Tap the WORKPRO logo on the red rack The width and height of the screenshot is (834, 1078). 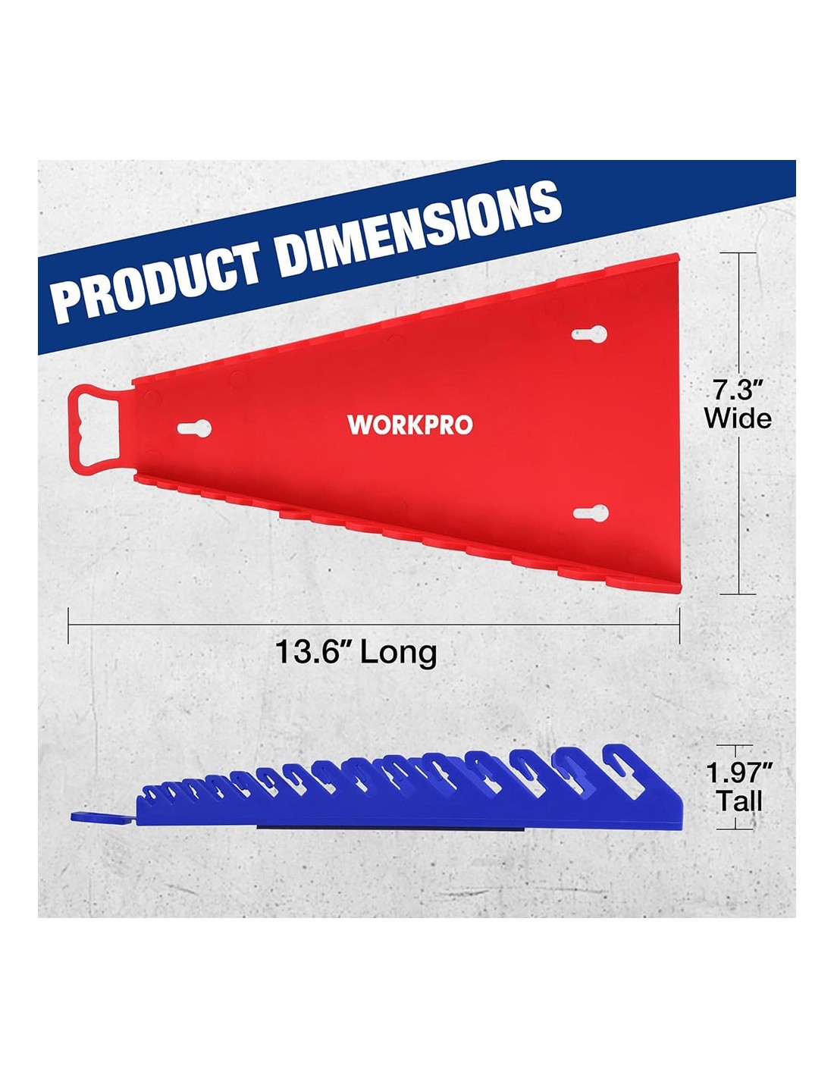coord(410,425)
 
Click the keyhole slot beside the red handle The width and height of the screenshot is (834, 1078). coord(194,428)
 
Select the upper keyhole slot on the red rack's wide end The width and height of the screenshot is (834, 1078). coord(589,334)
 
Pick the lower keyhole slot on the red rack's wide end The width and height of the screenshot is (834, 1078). coord(589,512)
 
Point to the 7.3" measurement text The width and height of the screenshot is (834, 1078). coord(737,391)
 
